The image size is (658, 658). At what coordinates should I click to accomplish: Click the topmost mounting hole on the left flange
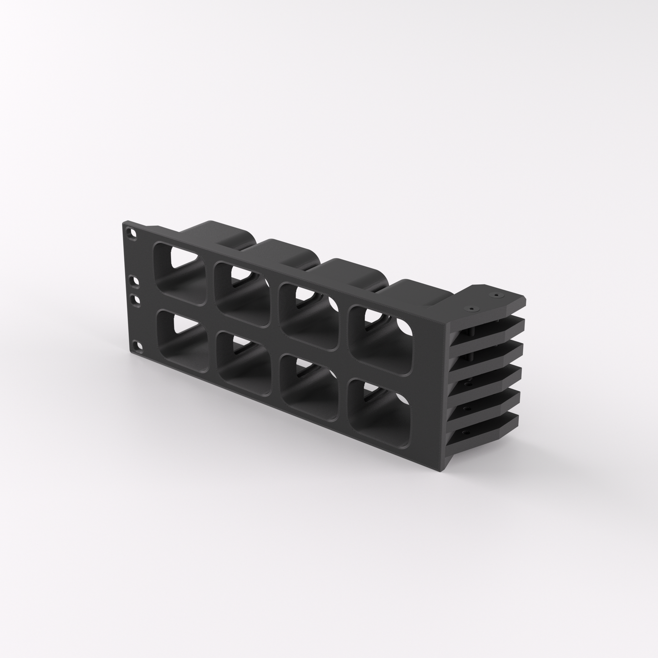coord(133,232)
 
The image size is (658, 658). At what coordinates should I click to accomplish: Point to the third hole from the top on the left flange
coord(134,300)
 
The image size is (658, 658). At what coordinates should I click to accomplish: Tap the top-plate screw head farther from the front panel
coord(496,295)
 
